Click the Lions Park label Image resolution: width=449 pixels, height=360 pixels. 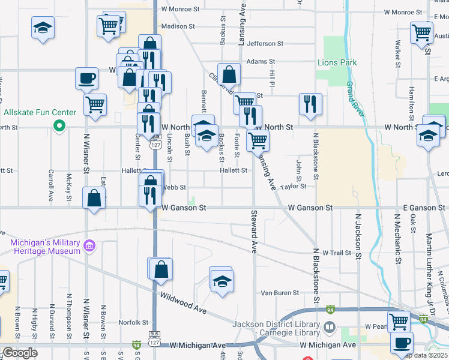click(337, 62)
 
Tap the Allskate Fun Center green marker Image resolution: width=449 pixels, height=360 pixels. click(59, 126)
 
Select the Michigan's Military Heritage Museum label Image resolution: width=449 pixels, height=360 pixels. click(45, 247)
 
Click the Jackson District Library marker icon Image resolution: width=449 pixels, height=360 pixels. click(330, 328)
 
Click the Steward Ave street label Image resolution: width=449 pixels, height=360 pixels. click(255, 231)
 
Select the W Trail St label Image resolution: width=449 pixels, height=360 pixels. click(336, 253)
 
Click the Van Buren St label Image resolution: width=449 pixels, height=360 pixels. click(279, 293)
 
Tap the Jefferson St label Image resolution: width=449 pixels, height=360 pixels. click(265, 44)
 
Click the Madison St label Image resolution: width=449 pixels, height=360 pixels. click(178, 26)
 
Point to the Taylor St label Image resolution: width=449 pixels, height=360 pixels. click(293, 186)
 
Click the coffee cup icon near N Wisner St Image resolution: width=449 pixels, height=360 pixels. click(86, 78)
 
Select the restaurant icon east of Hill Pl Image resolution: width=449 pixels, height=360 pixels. click(310, 104)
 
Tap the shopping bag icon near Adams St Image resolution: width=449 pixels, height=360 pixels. click(229, 75)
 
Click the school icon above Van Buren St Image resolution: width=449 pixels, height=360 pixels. click(221, 280)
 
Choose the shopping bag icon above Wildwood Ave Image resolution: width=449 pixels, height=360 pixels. click(161, 269)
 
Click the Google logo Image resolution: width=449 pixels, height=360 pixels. click(19, 353)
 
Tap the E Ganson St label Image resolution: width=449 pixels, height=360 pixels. click(424, 208)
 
